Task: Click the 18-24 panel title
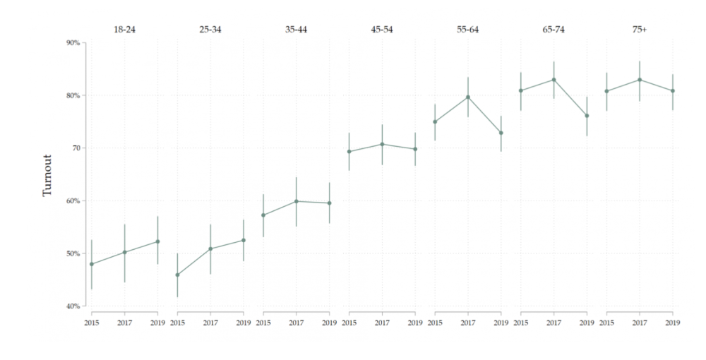[125, 30]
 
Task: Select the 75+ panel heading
[640, 30]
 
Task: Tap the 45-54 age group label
[382, 30]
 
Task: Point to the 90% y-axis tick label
[73, 43]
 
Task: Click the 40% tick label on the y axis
[73, 306]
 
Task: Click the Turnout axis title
[47, 176]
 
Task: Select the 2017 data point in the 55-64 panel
[468, 97]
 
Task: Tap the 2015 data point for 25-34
[177, 275]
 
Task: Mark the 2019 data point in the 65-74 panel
[587, 116]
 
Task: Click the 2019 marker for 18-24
[157, 241]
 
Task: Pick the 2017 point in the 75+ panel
[640, 80]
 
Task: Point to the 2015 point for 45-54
[349, 152]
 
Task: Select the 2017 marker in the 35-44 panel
[297, 201]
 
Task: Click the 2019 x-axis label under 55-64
[501, 323]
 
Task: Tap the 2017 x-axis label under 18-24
[125, 323]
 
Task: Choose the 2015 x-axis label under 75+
[606, 323]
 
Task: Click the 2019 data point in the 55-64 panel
[501, 133]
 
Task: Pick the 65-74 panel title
[554, 30]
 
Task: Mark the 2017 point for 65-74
[554, 80]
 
